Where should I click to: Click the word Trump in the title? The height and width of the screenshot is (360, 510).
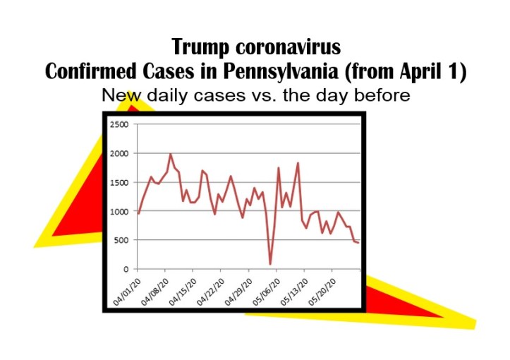click(202, 48)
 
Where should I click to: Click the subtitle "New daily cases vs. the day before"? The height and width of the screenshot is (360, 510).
click(255, 94)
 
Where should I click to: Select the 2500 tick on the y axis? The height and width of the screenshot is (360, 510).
click(119, 124)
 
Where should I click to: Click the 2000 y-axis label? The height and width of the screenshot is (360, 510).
click(119, 153)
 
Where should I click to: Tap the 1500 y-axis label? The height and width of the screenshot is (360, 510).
click(119, 182)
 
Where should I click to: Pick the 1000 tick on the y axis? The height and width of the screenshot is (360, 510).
click(119, 211)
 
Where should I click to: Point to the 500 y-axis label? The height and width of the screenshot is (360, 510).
click(121, 240)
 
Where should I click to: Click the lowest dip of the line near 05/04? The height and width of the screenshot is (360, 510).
click(270, 264)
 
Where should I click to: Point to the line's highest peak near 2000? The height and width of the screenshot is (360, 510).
click(170, 154)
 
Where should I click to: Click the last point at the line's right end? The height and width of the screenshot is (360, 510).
click(358, 243)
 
